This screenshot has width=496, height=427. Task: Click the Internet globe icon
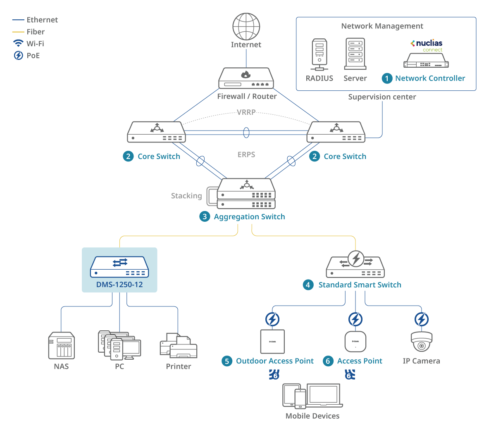pyautogui.click(x=246, y=26)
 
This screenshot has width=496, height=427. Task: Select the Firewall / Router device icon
pyautogui.click(x=246, y=78)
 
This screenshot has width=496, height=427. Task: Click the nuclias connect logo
pyautogui.click(x=427, y=45)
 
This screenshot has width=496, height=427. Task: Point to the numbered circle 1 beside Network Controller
pyautogui.click(x=387, y=78)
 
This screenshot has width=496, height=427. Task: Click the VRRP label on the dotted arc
pyautogui.click(x=246, y=112)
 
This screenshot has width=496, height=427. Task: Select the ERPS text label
pyautogui.click(x=246, y=155)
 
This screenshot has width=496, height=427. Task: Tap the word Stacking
pyautogui.click(x=186, y=196)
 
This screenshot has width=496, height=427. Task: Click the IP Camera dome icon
pyautogui.click(x=422, y=342)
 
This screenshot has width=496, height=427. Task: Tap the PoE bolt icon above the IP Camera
pyautogui.click(x=422, y=319)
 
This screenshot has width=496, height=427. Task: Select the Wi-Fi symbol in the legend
pyautogui.click(x=18, y=43)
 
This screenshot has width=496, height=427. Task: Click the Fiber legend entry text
pyautogui.click(x=36, y=32)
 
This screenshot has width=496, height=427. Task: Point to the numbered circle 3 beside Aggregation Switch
pyautogui.click(x=205, y=217)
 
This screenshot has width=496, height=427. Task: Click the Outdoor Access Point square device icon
pyautogui.click(x=272, y=342)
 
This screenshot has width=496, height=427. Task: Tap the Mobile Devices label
pyautogui.click(x=312, y=416)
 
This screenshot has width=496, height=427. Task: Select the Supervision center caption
pyautogui.click(x=382, y=97)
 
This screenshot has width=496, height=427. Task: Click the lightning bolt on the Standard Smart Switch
pyautogui.click(x=356, y=259)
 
